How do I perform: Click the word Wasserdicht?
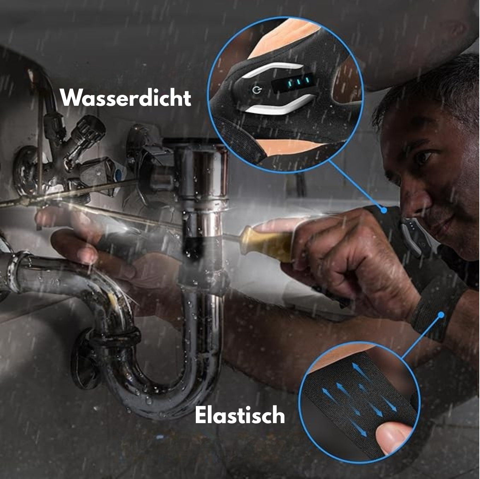point(125,98)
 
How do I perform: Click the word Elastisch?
point(240,415)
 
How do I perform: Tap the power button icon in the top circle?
point(257,90)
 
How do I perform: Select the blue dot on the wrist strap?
point(441,314)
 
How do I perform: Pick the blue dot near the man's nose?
point(384,210)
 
